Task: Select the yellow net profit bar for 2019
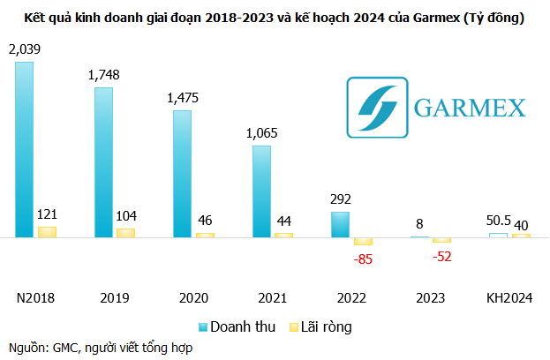tap(126, 232)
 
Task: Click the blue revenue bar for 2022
tap(340, 224)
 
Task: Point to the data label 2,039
tap(24, 50)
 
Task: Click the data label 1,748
tap(103, 76)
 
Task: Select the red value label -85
tap(363, 259)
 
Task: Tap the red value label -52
tap(441, 256)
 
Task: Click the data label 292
tap(340, 199)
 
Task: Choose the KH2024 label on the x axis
tap(510, 298)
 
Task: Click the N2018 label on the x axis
tap(35, 298)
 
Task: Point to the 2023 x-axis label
tap(431, 298)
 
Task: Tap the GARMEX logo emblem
tap(377, 108)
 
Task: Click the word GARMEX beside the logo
tap(469, 109)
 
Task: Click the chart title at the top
tap(275, 18)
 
